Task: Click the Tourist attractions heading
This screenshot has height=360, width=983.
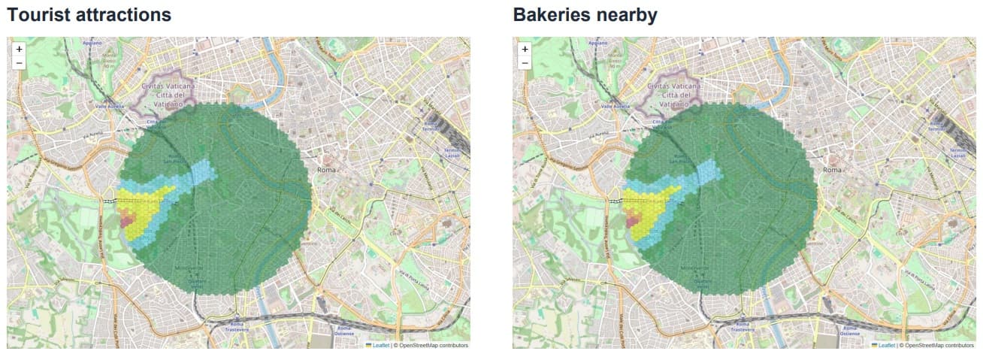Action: pyautogui.click(x=89, y=14)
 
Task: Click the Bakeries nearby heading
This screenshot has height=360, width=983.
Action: pyautogui.click(x=585, y=14)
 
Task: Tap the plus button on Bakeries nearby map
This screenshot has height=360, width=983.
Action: pyautogui.click(x=525, y=49)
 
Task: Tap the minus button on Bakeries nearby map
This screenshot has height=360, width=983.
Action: pyautogui.click(x=525, y=62)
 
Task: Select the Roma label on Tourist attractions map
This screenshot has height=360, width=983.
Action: pyautogui.click(x=326, y=170)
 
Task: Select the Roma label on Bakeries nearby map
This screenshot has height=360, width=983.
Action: pyautogui.click(x=832, y=170)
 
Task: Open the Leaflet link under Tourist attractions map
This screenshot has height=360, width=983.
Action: pyautogui.click(x=380, y=346)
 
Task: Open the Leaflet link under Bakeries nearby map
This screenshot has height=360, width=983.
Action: pyautogui.click(x=886, y=346)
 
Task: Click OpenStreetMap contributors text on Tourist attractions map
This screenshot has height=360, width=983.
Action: pyautogui.click(x=433, y=346)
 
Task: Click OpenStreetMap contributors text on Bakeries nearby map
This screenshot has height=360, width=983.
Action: pyautogui.click(x=939, y=346)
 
